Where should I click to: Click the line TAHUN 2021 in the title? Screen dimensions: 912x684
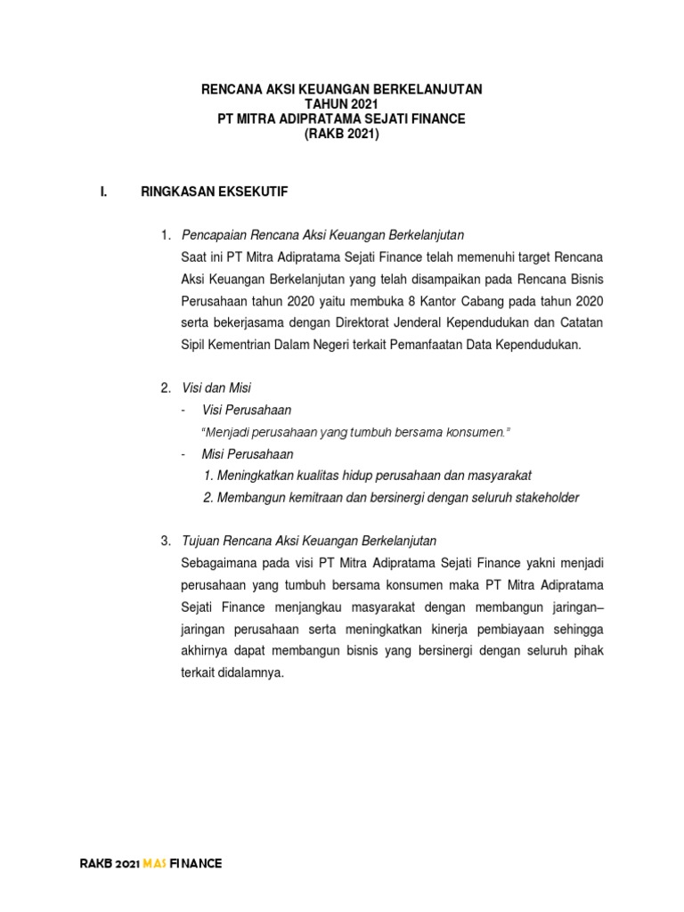(x=342, y=104)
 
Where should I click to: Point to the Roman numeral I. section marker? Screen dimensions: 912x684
(x=103, y=191)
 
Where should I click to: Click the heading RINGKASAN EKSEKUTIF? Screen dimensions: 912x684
(x=215, y=191)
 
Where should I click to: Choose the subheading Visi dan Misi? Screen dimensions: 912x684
(x=216, y=388)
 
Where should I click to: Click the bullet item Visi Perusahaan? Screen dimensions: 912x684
(x=247, y=410)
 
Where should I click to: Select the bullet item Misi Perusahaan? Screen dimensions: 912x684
(x=248, y=454)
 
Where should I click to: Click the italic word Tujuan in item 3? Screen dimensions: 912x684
(x=199, y=541)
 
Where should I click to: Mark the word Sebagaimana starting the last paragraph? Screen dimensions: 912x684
(x=219, y=563)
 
